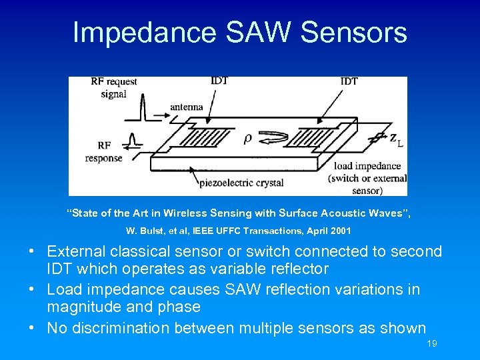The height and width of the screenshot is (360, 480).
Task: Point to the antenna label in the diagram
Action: [187, 107]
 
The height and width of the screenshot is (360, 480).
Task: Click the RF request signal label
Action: [114, 87]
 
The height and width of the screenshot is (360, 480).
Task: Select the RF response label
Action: [104, 151]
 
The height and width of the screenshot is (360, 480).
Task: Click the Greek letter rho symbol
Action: [247, 139]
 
